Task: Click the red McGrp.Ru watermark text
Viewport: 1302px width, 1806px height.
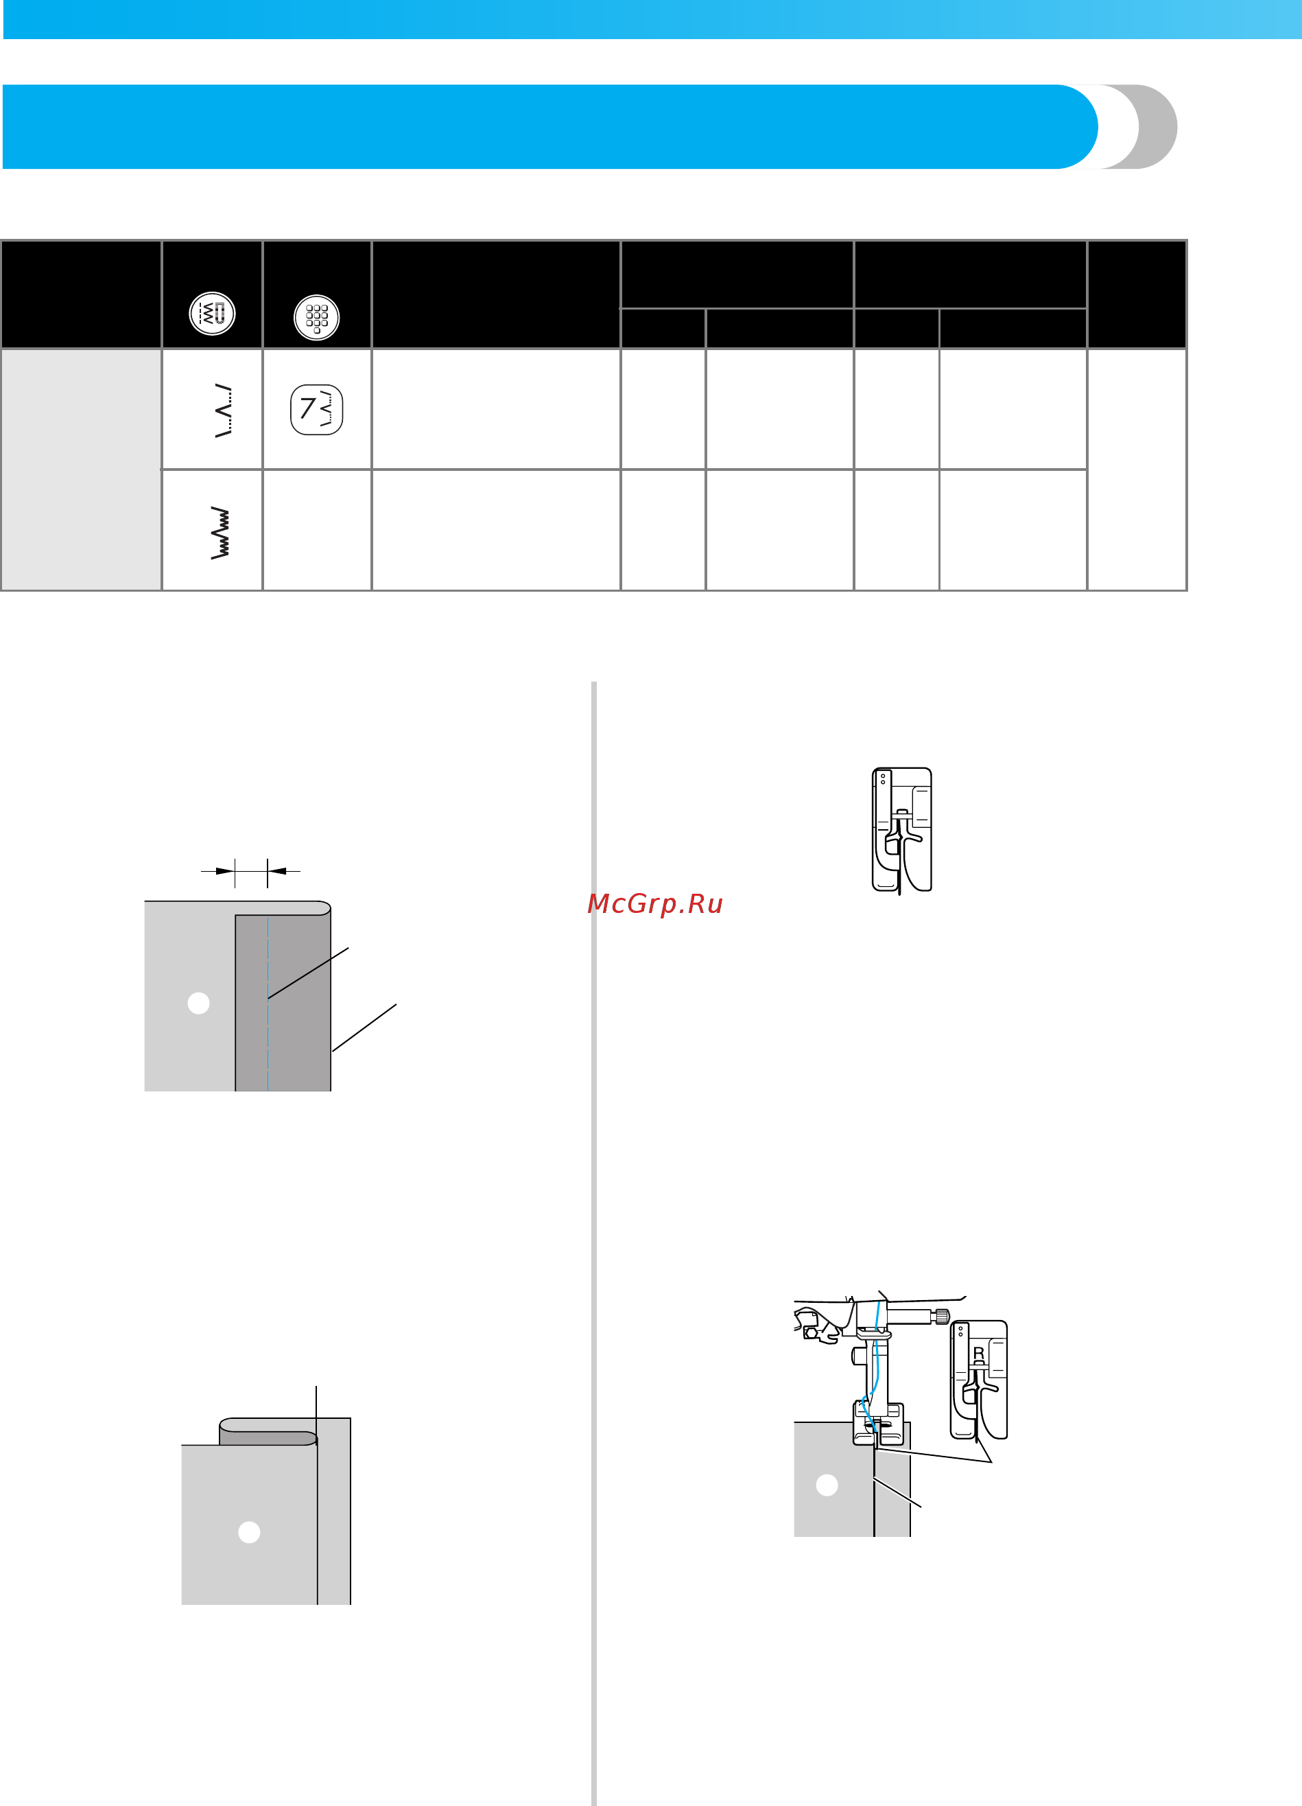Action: (x=654, y=904)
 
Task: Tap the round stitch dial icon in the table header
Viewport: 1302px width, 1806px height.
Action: (x=212, y=313)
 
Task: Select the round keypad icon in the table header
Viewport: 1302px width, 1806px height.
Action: (x=317, y=318)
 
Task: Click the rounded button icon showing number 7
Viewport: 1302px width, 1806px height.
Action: (x=317, y=409)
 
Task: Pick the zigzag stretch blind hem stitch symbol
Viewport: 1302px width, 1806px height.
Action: (x=220, y=533)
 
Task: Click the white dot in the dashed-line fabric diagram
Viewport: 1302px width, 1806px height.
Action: (x=198, y=1003)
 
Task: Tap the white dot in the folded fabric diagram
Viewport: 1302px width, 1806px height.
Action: (x=249, y=1532)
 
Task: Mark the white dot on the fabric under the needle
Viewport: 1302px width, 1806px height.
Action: (x=827, y=1485)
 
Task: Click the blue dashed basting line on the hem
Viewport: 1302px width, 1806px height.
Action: (x=268, y=1004)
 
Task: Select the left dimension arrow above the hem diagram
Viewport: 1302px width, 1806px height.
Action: (x=218, y=871)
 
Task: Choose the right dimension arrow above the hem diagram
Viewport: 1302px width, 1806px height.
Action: (x=284, y=871)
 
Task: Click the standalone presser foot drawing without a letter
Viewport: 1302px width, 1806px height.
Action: (x=901, y=829)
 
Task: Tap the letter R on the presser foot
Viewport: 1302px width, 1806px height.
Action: (x=979, y=1354)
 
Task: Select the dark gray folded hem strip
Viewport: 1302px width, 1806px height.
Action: (x=283, y=1003)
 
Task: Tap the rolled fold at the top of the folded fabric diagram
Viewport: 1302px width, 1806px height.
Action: (x=268, y=1431)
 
